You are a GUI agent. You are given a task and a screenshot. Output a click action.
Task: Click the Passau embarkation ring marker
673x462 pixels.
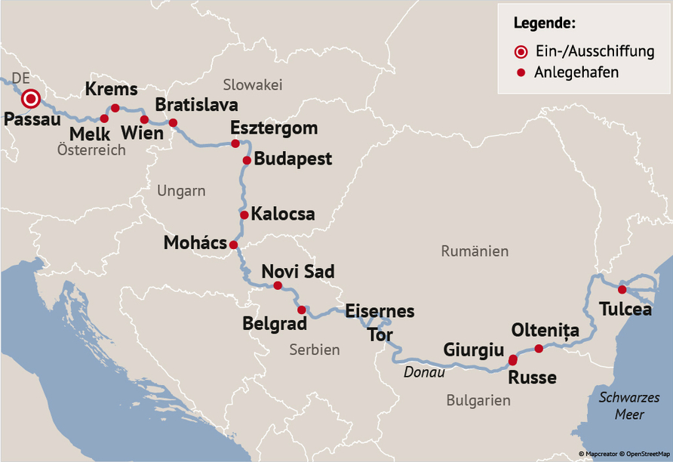tap(31, 99)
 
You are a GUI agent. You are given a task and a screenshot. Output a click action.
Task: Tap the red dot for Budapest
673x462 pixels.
tap(247, 160)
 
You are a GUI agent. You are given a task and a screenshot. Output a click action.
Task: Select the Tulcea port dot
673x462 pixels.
tap(622, 290)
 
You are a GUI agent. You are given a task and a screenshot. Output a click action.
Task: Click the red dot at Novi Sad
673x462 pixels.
tap(278, 285)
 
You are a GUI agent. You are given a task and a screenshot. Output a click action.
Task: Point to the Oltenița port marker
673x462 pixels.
tap(539, 348)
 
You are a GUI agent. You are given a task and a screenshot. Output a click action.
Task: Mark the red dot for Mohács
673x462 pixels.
tap(233, 245)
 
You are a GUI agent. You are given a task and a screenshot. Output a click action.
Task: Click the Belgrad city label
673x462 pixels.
tap(275, 324)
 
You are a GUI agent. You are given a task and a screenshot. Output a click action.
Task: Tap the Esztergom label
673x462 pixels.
tap(274, 128)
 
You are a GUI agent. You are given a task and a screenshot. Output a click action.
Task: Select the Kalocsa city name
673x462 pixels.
tap(283, 214)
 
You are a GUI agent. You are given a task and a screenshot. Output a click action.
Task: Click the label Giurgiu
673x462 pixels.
tap(473, 350)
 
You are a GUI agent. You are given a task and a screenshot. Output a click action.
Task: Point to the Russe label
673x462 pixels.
tap(532, 377)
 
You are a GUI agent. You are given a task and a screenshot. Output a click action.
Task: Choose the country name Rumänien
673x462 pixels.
tap(475, 251)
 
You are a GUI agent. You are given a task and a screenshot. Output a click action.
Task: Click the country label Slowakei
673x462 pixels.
tap(252, 85)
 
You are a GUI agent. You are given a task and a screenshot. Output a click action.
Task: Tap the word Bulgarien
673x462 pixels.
tap(478, 401)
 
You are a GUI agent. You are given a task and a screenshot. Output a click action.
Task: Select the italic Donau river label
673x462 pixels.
tap(424, 372)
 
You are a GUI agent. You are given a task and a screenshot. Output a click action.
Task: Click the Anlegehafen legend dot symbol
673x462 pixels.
tap(521, 73)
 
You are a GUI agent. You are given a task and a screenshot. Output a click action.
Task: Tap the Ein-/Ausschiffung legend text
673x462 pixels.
tap(594, 51)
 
